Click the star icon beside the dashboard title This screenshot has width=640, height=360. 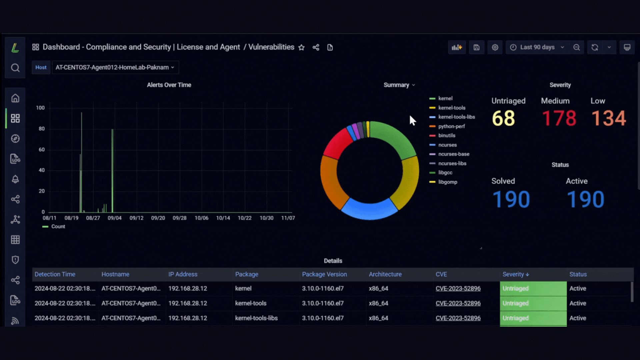[301, 47]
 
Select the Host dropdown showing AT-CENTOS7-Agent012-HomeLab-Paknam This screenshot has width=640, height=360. [115, 67]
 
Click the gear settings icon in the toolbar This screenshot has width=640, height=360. [495, 47]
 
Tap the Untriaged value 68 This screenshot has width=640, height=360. [503, 118]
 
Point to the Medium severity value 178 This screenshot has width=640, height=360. [559, 118]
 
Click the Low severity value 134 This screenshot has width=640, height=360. [609, 118]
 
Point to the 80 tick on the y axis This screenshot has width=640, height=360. [42, 129]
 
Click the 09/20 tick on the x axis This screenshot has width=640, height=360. [158, 218]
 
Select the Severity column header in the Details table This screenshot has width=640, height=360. [516, 274]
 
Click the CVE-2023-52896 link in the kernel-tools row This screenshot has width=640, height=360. [458, 303]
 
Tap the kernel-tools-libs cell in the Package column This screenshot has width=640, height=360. [256, 318]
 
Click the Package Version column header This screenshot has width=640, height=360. [324, 274]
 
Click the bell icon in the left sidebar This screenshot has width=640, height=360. [15, 179]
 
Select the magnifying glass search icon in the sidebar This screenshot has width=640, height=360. [15, 68]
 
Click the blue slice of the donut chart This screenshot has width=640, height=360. [369, 209]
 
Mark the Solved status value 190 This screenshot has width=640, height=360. [511, 199]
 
